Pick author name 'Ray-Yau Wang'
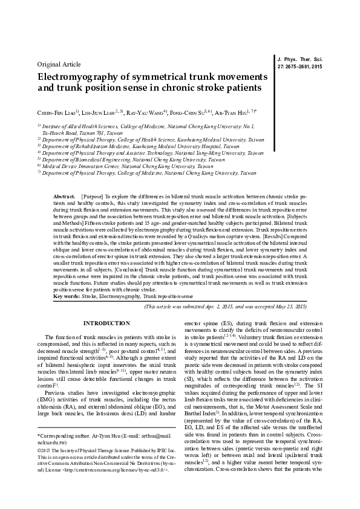tap(148, 112)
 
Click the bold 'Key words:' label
tap(66, 297)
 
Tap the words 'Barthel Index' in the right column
tap(203, 449)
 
